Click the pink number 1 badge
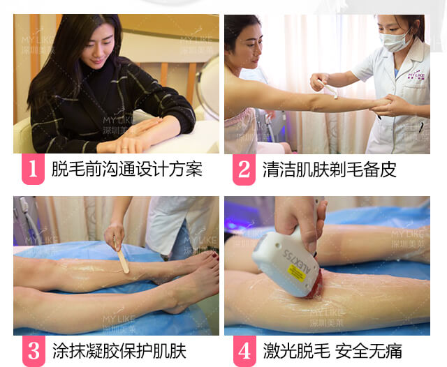(x=33, y=169)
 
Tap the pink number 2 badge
(x=244, y=169)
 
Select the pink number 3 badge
(x=34, y=351)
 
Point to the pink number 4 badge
(x=244, y=351)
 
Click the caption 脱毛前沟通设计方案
(x=127, y=169)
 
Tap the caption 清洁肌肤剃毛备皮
(x=329, y=170)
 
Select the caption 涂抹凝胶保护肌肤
(x=119, y=351)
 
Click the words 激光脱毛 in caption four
(x=296, y=351)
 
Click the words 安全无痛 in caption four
(x=369, y=351)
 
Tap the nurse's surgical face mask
(x=395, y=42)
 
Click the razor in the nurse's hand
(x=329, y=89)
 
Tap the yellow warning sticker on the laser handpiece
(x=297, y=273)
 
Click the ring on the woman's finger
(x=124, y=149)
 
